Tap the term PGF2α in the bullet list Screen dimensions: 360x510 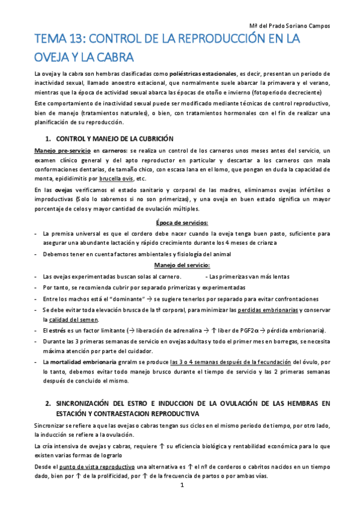[x=258, y=330]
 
